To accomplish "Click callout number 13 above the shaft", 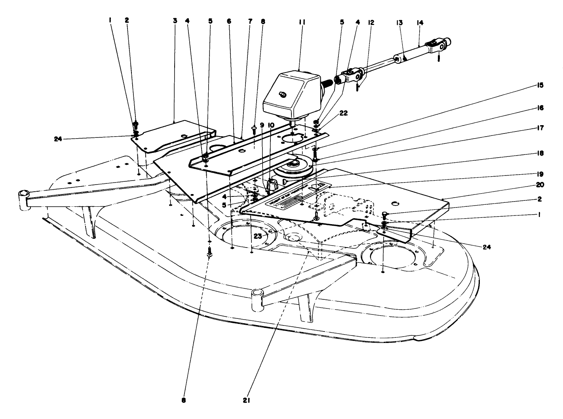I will point(399,23).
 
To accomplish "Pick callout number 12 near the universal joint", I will point(371,23).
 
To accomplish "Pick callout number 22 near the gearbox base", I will point(344,113).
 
